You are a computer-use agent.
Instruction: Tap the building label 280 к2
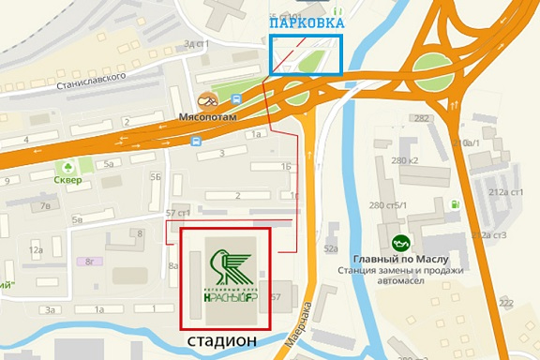click(406, 160)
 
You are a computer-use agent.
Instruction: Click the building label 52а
click(330, 248)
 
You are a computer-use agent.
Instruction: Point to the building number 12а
click(37, 249)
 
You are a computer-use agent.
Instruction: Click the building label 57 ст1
click(177, 214)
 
